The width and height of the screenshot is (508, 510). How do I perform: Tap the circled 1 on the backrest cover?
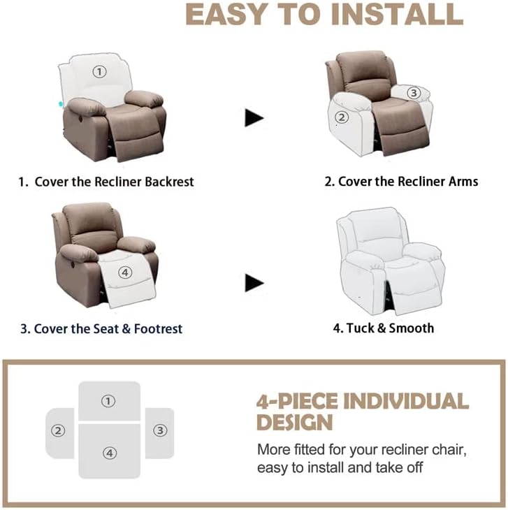click(x=99, y=71)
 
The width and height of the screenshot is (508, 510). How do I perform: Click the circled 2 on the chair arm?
click(x=342, y=117)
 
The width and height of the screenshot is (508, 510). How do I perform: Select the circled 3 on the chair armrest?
click(x=413, y=92)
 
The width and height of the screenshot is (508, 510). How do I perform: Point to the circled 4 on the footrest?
click(x=125, y=272)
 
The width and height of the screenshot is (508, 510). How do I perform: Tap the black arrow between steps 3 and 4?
click(x=254, y=283)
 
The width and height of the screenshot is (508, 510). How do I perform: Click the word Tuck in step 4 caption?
click(x=361, y=328)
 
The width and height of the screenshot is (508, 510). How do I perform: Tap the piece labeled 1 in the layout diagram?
click(x=108, y=401)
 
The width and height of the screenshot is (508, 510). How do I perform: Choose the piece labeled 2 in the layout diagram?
click(x=59, y=431)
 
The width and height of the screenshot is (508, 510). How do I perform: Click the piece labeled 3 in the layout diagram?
click(x=160, y=430)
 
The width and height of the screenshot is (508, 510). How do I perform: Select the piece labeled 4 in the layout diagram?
click(x=110, y=452)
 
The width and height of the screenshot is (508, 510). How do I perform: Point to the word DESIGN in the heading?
click(x=294, y=422)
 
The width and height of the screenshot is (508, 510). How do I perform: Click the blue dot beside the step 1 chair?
click(x=61, y=103)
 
